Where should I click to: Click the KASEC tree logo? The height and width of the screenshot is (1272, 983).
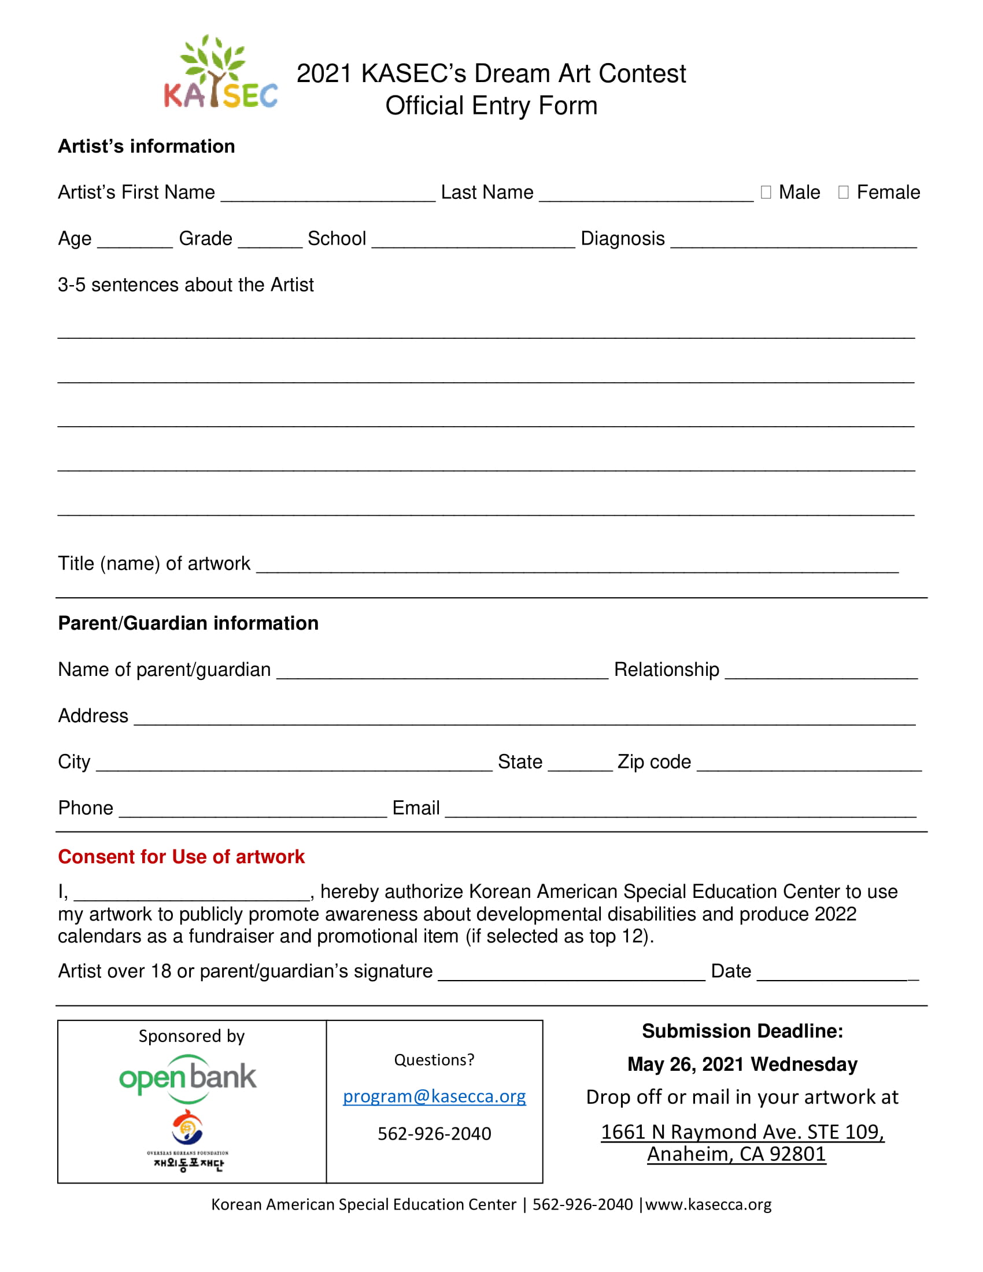coord(220,72)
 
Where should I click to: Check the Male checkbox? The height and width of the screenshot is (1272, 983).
coord(765,192)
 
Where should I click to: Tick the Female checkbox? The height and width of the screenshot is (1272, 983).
coord(842,192)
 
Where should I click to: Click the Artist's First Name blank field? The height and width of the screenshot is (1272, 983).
coord(328,195)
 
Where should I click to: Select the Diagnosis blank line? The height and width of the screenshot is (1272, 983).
coord(793,241)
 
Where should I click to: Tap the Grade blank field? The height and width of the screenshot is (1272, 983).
coord(270,241)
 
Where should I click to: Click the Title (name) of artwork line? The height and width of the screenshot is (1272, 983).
coord(577,566)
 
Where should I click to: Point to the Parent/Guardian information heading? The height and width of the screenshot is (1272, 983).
coord(188,623)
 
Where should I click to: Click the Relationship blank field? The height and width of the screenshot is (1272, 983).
coord(821,672)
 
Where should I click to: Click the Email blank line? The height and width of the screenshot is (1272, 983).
coord(680,811)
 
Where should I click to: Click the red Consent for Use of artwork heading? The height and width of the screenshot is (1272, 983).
coord(181,857)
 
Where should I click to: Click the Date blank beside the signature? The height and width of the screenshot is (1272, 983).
coord(837,974)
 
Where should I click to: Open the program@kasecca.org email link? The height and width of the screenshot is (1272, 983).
coord(434,1096)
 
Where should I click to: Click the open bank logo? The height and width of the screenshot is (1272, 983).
coord(187,1079)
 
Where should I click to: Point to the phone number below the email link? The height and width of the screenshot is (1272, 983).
coord(434,1133)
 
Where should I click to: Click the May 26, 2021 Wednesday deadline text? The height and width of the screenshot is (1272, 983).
coord(742,1064)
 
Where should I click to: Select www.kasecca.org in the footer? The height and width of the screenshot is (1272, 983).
coord(708,1204)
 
